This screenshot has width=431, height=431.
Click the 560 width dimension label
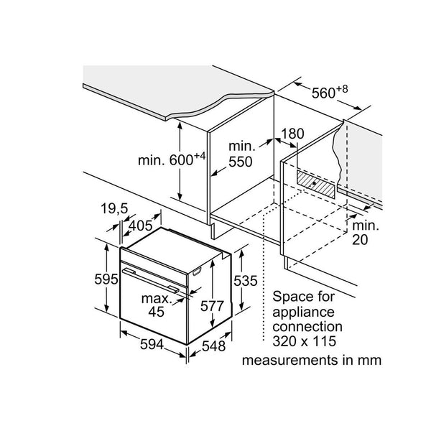pyautogui.click(x=328, y=93)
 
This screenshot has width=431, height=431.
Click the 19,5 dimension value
pyautogui.click(x=114, y=208)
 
